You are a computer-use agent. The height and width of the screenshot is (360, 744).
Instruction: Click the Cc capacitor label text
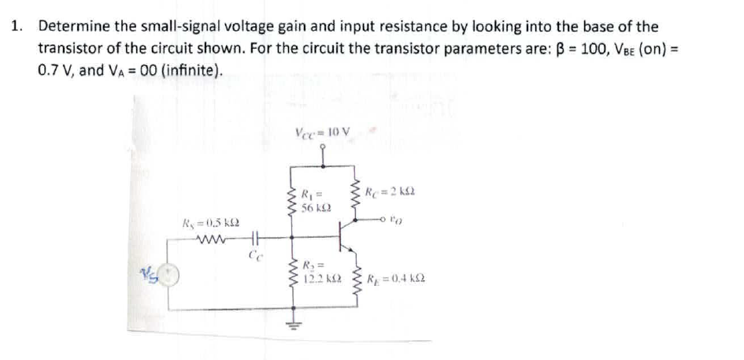coord(254,257)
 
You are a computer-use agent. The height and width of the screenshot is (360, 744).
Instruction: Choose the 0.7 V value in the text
coord(55,70)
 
